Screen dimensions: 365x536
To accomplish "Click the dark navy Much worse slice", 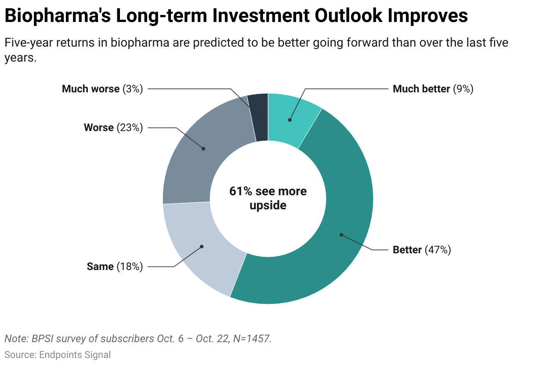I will point(259,110).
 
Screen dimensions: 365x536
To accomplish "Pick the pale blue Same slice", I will point(198,246).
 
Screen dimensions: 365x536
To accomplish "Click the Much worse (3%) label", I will point(102,89).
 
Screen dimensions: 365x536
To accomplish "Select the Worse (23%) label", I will point(113,128).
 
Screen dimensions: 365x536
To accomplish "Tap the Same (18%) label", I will point(115,266).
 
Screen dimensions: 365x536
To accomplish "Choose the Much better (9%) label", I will point(433,89).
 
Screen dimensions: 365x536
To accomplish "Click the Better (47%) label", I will point(422,250).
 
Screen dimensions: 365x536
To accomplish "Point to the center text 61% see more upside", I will point(268,198).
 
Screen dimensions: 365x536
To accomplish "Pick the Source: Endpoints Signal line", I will point(58,354).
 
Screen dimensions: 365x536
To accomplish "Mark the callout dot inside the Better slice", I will point(341,235).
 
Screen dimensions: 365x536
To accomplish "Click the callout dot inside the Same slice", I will point(202,247).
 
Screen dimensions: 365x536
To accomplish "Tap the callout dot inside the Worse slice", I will point(203,149).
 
